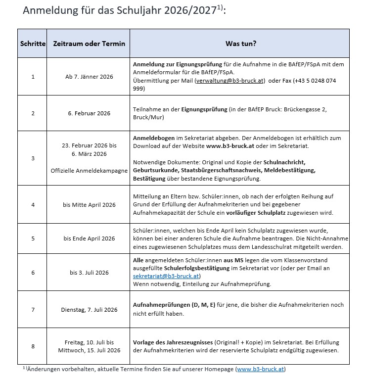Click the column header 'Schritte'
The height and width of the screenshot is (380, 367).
tap(33, 44)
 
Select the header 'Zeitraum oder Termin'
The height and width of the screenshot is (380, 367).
tap(89, 44)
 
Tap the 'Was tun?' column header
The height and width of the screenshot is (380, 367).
tap(240, 44)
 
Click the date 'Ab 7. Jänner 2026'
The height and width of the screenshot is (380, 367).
tap(89, 77)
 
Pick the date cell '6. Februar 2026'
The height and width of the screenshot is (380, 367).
tap(89, 113)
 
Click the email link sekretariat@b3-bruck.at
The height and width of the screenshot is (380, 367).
tap(166, 276)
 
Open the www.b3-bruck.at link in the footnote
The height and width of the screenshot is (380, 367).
tap(260, 369)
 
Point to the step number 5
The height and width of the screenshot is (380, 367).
tap(33, 238)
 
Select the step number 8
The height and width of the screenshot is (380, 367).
tap(33, 346)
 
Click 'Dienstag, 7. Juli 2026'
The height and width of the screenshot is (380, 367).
tap(89, 310)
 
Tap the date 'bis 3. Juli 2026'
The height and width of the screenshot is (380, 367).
tap(89, 272)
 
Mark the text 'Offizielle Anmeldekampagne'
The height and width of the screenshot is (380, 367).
tap(89, 171)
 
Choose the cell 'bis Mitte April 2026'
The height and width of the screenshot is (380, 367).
tap(89, 205)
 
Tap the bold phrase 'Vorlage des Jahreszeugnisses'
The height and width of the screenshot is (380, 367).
tap(173, 342)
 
